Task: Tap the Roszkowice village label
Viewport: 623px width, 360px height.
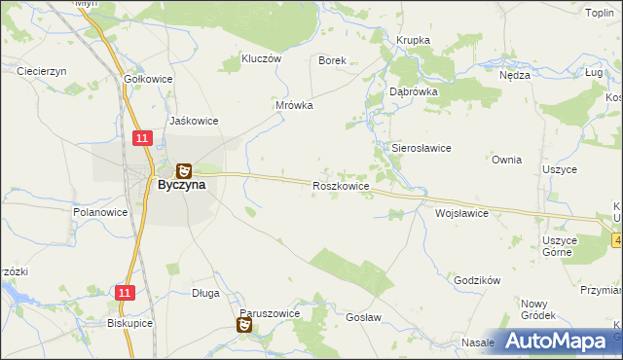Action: tap(341, 185)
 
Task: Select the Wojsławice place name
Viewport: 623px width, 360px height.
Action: tap(461, 212)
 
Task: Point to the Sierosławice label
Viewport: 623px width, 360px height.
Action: tap(421, 148)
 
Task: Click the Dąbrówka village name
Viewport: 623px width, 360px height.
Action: tap(414, 90)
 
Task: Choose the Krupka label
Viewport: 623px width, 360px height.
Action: tap(414, 40)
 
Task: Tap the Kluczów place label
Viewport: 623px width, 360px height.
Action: tap(261, 58)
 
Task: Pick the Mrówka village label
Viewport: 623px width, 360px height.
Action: tap(294, 105)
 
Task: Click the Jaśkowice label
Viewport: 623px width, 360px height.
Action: tap(194, 121)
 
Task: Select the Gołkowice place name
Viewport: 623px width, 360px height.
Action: tap(148, 78)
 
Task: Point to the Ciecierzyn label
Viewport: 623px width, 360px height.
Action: tap(41, 71)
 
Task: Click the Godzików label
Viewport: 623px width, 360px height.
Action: tap(477, 280)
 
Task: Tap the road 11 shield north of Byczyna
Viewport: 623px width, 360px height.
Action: tap(142, 139)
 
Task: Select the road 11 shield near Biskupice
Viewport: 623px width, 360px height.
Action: tap(124, 292)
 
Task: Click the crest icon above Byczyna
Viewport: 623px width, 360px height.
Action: tap(182, 169)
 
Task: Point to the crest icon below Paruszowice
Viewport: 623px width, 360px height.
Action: tap(244, 326)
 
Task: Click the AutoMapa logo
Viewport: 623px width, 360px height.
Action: tap(560, 341)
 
